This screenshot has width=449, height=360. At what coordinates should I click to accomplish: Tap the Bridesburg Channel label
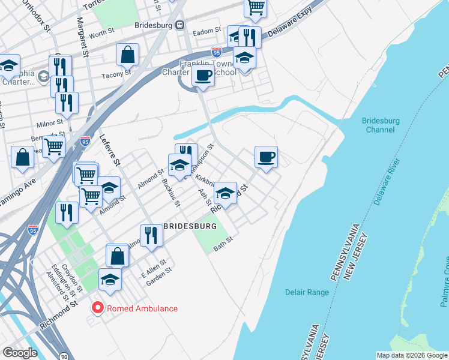(381, 125)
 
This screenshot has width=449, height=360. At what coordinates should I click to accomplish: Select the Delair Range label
(306, 292)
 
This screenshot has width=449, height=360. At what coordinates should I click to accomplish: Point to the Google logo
(20, 353)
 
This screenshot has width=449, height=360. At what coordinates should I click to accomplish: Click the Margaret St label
(82, 37)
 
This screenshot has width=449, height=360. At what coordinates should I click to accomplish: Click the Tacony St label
(116, 74)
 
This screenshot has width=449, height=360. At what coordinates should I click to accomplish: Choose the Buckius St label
(171, 191)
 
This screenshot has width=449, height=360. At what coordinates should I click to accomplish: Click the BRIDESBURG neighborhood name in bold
(190, 226)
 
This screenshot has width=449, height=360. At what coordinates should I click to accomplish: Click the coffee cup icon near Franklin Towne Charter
(203, 76)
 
